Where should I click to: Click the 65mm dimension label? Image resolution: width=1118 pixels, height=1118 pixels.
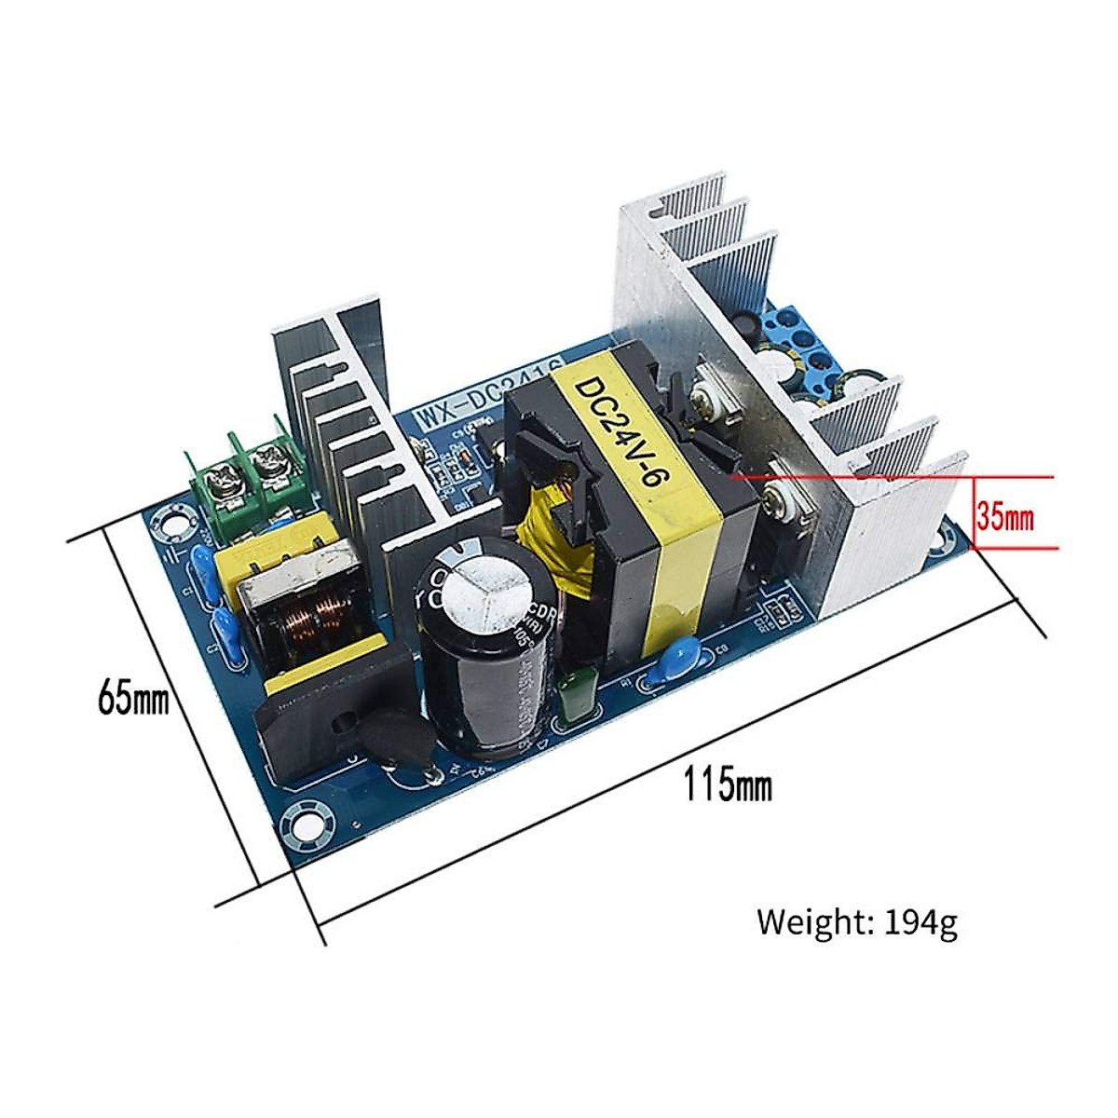point(133,698)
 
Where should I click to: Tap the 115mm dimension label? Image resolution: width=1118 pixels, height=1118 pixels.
point(728,784)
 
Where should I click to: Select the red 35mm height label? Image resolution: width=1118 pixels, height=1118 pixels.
point(1004,515)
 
